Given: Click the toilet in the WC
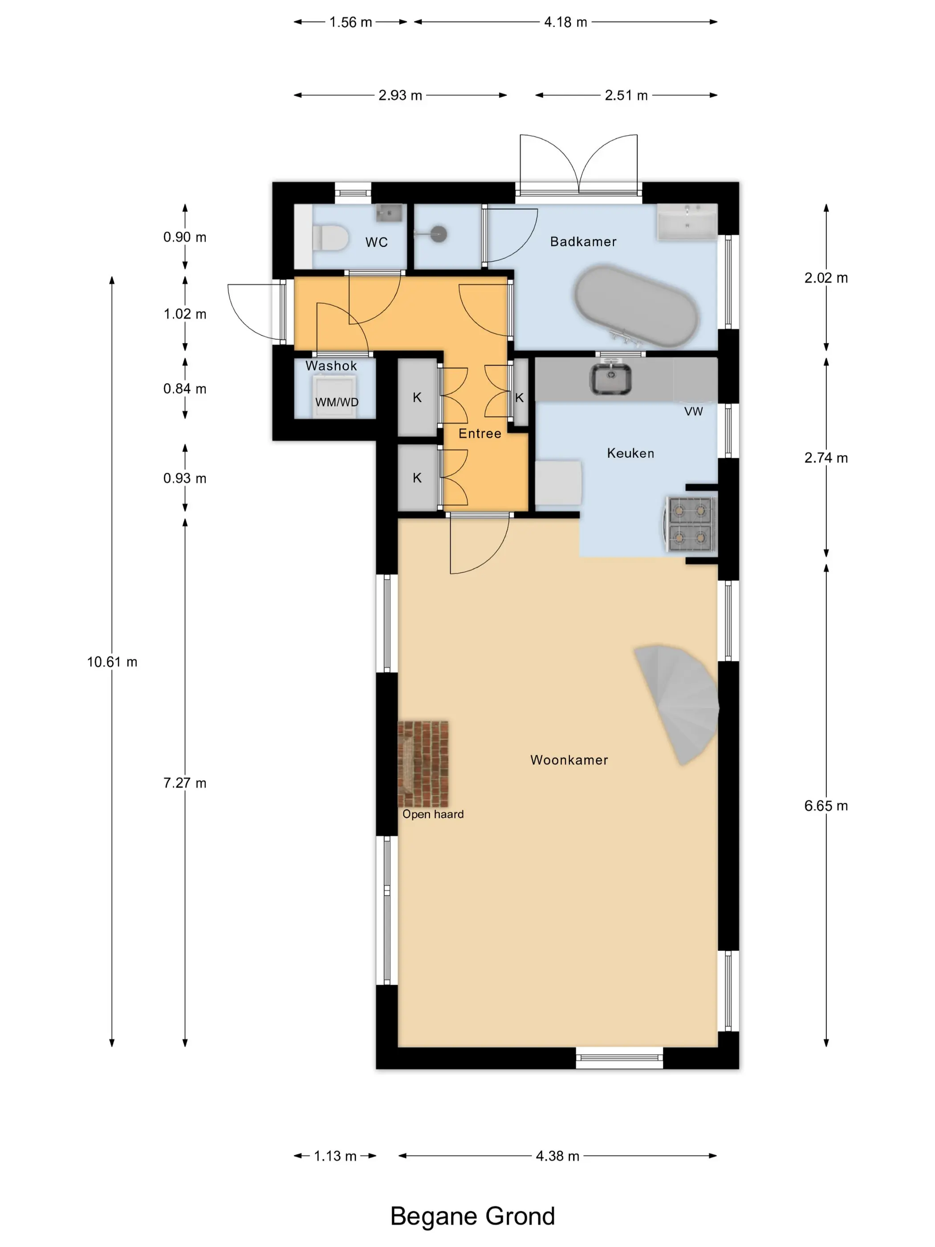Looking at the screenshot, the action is click(331, 238).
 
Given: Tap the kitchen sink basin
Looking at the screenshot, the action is click(610, 379).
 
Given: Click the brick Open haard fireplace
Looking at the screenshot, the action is click(423, 764).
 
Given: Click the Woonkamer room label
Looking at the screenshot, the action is click(569, 760).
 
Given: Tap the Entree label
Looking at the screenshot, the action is click(480, 433).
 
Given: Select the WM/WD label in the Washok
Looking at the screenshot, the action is click(337, 403).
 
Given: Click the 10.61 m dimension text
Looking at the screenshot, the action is click(112, 662).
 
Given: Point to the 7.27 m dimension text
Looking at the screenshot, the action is click(185, 783).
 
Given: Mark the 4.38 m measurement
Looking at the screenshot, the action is click(557, 1156).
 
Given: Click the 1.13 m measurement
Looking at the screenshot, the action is click(335, 1156).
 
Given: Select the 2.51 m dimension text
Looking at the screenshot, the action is click(626, 95).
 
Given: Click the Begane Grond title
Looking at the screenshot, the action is click(472, 1217).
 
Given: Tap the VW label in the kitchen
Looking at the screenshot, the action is click(694, 412).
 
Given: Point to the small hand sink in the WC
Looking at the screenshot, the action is click(390, 212).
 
